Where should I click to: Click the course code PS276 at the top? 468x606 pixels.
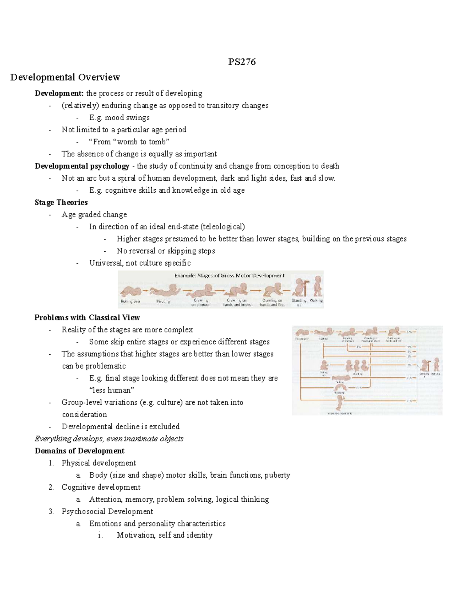pos(242,62)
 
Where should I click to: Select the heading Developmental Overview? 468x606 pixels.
pos(65,77)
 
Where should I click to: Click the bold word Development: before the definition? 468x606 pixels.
pos(59,93)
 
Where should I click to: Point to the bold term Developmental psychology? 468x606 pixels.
pos(82,166)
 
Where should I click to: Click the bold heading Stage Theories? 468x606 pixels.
pos(61,202)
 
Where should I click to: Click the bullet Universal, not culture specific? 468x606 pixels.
pos(140,263)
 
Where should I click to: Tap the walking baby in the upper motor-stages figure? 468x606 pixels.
pos(318,287)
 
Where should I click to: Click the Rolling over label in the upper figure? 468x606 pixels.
pos(130,301)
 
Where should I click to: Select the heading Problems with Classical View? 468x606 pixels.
pos(87,317)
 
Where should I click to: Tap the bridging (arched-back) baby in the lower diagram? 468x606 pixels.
pos(342,387)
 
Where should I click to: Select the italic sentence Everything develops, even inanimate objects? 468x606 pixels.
pos(109,439)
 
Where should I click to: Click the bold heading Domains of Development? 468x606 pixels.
pos(80,451)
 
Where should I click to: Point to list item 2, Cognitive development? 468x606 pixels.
pos(101,487)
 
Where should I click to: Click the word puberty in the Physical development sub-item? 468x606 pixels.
pos(277,475)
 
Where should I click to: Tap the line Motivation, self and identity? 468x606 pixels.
pos(165,535)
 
